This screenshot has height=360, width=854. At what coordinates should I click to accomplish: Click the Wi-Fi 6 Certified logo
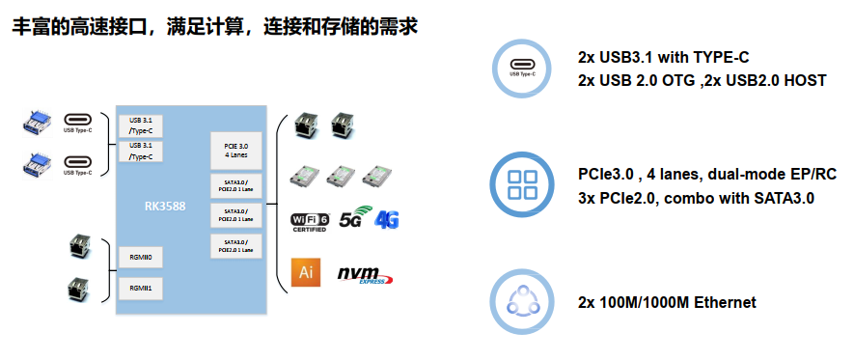pos(311,221)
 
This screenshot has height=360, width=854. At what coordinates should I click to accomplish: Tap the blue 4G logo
pos(387,219)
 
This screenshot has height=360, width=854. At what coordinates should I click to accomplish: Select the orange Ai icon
pos(306,273)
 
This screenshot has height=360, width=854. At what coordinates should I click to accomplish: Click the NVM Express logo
pos(365,275)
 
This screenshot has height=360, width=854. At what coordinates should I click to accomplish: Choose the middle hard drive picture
pos(343,177)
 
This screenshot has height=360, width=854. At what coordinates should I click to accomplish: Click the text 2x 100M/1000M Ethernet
pos(666,303)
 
